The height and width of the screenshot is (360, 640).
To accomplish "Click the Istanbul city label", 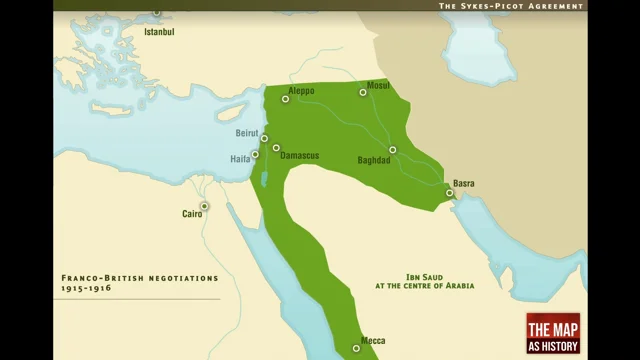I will coord(159,32).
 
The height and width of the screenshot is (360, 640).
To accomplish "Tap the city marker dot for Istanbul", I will coord(157,13).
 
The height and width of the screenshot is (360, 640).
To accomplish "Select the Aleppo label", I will coord(301,91).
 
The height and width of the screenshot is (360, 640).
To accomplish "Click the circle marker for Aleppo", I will coord(286,99).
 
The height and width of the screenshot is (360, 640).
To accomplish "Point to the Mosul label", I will coord(378,85).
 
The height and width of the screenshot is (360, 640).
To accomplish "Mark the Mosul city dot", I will coord(364,93).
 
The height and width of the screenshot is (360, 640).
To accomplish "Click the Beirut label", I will coord(247,133).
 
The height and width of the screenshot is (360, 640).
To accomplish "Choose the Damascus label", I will coord(299,157).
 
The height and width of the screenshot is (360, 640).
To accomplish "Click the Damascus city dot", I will coord(276,148).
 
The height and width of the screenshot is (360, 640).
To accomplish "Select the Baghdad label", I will coord(373,160).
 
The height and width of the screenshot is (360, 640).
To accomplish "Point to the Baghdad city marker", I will coord(393,150).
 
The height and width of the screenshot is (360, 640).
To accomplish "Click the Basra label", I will coord(464,183).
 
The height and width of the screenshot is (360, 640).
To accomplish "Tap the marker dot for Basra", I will coord(450,193).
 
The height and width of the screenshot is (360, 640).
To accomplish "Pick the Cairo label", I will coord(192,214).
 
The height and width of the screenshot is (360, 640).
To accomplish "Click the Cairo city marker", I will coord(204,207).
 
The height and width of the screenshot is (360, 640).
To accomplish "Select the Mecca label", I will coord(373,341).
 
